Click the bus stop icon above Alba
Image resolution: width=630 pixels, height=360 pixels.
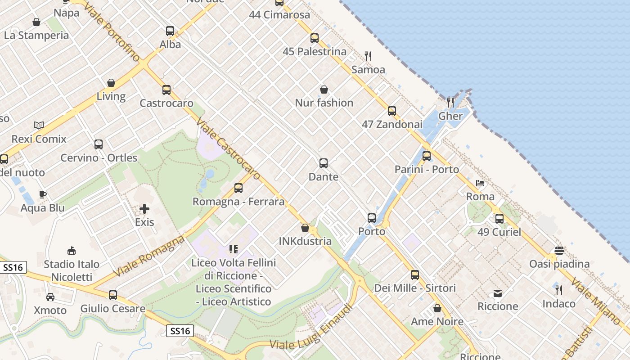[x=170, y=31]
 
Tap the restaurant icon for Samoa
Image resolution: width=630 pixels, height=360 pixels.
[x=368, y=56]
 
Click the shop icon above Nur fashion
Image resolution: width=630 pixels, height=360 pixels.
[x=324, y=90]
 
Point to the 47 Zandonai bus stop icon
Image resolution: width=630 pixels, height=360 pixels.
[x=392, y=111]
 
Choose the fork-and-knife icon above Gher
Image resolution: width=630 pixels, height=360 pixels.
[x=450, y=103]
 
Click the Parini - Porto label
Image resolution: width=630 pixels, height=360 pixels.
[x=427, y=170]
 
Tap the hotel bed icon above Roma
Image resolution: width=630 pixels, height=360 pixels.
[x=480, y=183]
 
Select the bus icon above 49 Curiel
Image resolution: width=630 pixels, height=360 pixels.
[x=499, y=219]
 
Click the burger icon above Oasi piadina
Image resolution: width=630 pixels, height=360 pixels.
[x=559, y=250]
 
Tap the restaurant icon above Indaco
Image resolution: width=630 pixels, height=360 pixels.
[x=559, y=290]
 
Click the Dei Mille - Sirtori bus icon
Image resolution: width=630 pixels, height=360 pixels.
[x=415, y=274]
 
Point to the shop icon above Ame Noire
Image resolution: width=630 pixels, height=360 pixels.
[x=437, y=308]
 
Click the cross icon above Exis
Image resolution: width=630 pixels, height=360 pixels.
[x=144, y=209]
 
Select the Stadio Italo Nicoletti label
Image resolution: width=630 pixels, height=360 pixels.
[x=72, y=270]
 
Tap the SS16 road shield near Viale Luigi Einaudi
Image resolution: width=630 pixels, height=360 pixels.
[x=180, y=331]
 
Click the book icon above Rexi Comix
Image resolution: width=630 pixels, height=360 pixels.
[x=39, y=126]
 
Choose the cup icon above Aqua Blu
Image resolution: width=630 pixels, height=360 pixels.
[x=43, y=195]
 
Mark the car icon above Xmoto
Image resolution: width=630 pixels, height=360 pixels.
[x=50, y=297]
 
